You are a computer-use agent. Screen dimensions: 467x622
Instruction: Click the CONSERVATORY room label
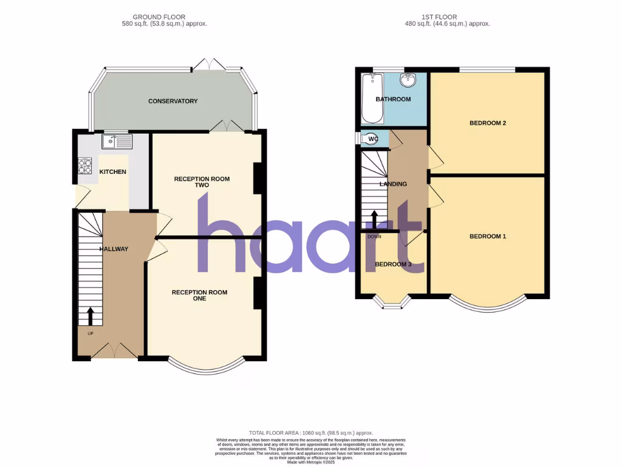(x=173, y=101)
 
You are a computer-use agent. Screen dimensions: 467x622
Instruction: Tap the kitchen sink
(x=117, y=142)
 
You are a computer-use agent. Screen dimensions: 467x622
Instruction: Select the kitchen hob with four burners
(x=84, y=166)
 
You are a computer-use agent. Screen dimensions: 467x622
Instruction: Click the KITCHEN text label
(x=113, y=172)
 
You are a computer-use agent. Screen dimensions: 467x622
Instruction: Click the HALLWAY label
(x=114, y=249)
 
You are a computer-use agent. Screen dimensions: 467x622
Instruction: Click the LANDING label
(x=393, y=184)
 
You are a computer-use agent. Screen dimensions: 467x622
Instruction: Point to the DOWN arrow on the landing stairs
(x=374, y=220)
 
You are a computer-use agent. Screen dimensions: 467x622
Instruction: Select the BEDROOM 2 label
(x=488, y=123)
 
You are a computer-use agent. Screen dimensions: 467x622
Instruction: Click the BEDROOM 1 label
(x=488, y=237)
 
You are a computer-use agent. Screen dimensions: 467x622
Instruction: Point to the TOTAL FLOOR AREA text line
(x=310, y=432)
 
